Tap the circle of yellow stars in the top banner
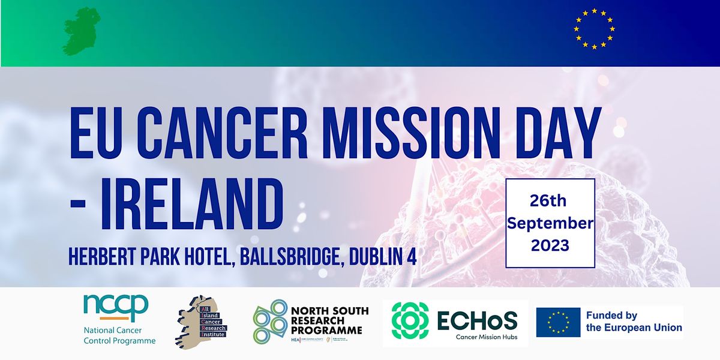(x=594, y=28)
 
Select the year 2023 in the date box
(x=550, y=246)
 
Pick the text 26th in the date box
(x=550, y=200)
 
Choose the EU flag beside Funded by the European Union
(x=558, y=322)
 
